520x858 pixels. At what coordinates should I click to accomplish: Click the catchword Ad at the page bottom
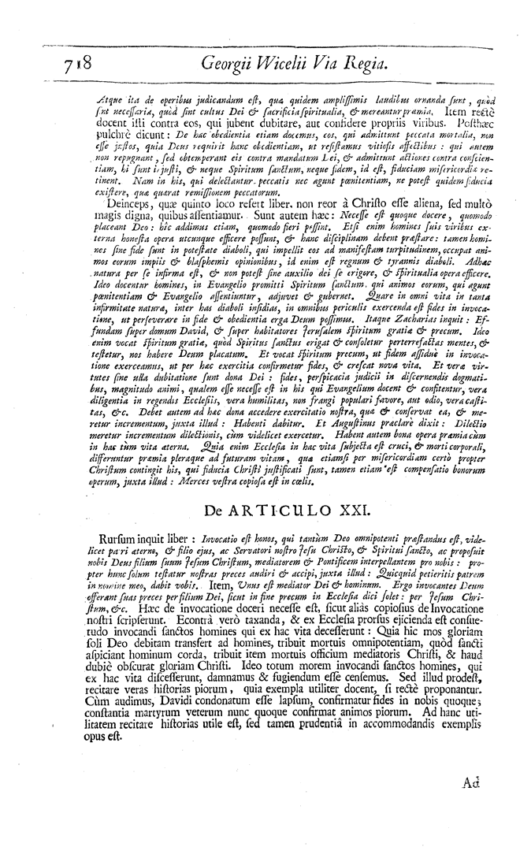click(471, 783)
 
